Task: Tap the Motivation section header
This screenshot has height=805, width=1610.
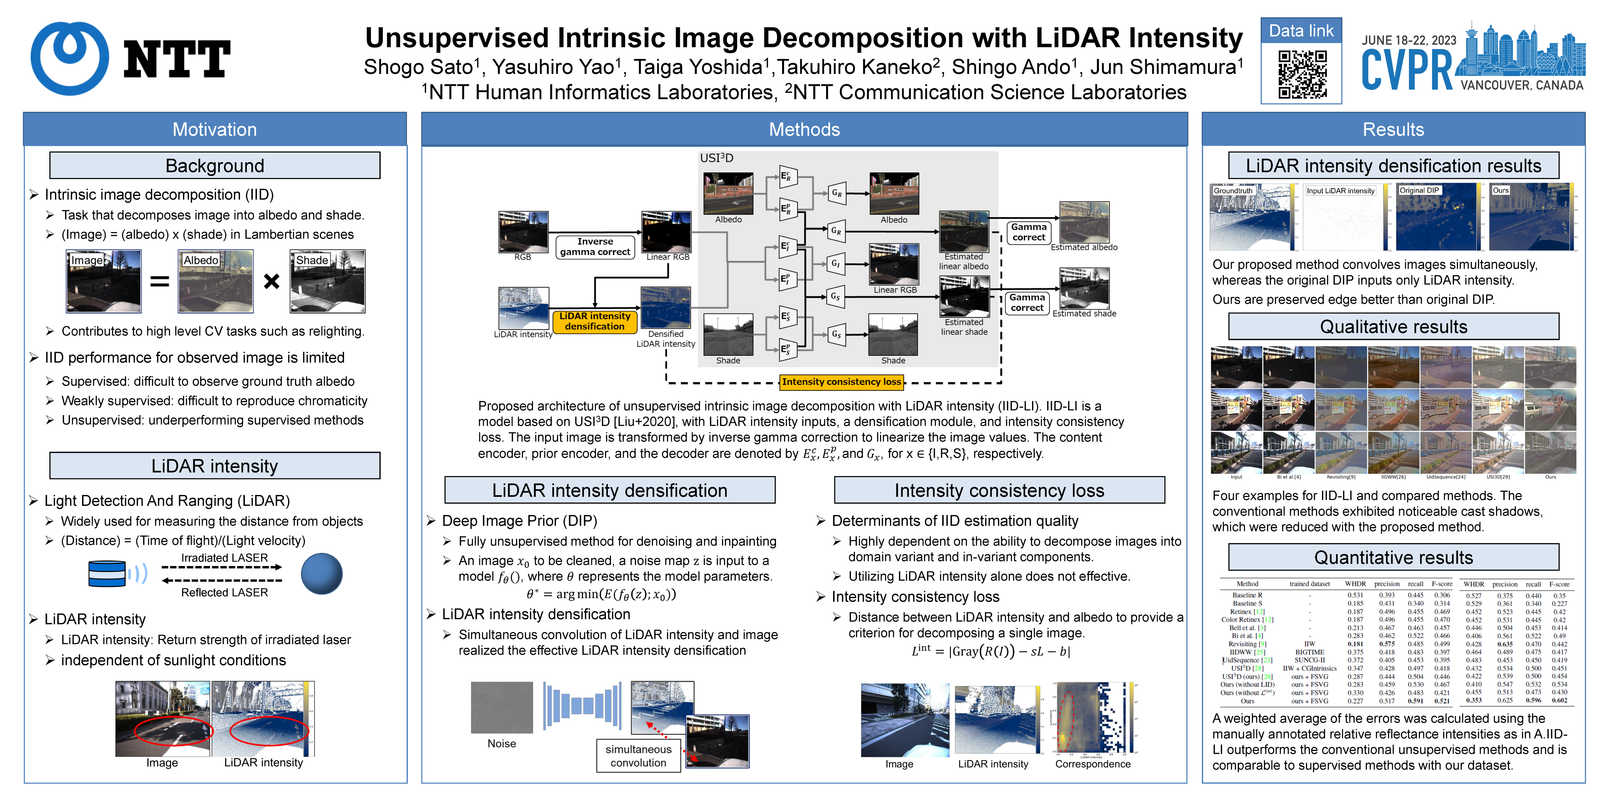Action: click(x=214, y=129)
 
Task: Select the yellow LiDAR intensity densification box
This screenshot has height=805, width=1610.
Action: click(x=594, y=321)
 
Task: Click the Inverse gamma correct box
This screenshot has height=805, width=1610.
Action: click(x=595, y=247)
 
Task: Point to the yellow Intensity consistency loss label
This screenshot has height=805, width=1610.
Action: click(x=841, y=382)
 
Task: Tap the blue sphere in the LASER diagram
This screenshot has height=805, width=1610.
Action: click(x=321, y=574)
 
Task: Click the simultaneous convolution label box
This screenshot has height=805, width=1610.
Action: click(x=638, y=756)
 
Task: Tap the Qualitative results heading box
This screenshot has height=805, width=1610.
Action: click(x=1393, y=327)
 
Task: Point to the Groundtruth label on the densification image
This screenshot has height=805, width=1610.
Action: click(x=1233, y=191)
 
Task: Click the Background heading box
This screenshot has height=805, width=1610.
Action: click(x=214, y=166)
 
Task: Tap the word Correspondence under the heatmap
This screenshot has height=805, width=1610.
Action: click(x=1092, y=764)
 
